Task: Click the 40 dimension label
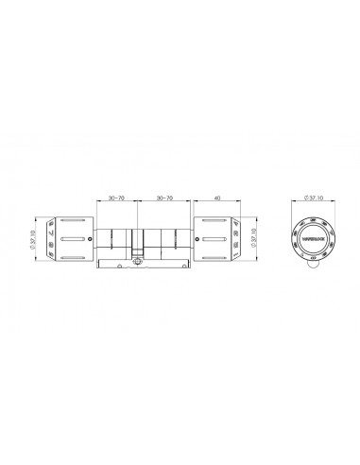[x=216, y=198]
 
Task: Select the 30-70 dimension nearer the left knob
[x=116, y=198]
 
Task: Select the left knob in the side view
[x=70, y=240]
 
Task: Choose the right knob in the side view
[x=216, y=240]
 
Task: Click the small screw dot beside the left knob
[x=90, y=237]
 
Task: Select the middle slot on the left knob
[x=72, y=240]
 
